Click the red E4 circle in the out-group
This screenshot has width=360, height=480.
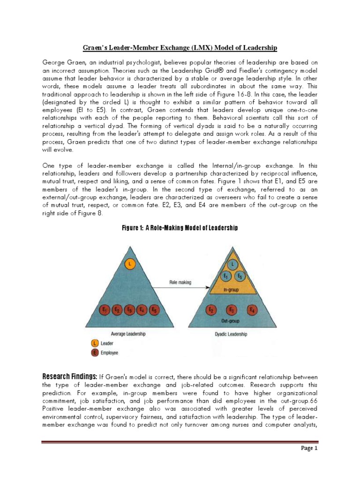tap(253, 310)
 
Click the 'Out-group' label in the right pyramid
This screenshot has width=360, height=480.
tap(231, 322)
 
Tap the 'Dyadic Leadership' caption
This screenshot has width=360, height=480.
tap(231, 334)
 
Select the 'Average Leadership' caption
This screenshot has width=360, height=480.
tap(128, 334)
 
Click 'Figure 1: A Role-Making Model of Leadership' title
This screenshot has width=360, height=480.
tap(180, 228)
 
